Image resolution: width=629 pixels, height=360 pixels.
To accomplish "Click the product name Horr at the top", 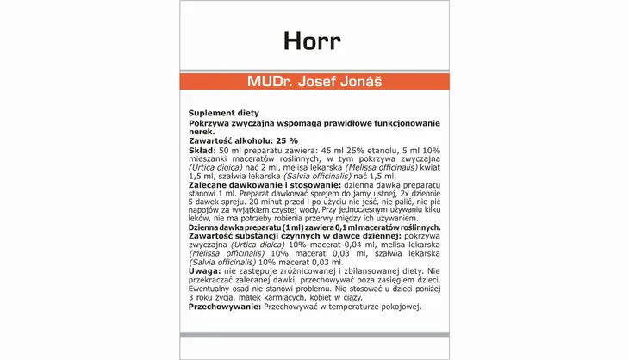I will point(312,41).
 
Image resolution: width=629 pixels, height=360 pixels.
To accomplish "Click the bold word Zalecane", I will point(211,185).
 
